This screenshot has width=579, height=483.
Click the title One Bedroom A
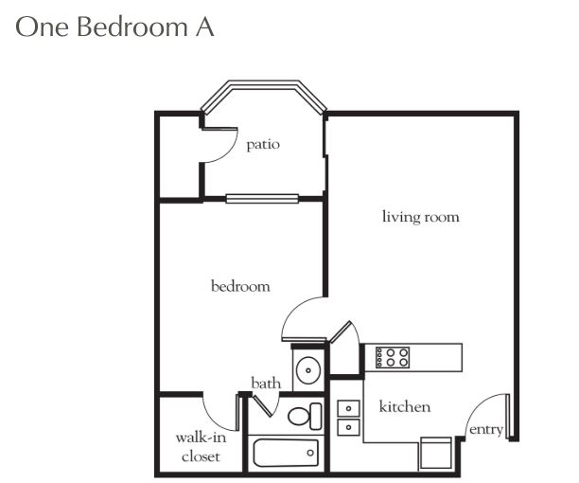tap(114, 27)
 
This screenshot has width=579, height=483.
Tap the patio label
tap(263, 145)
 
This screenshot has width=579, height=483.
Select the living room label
tap(421, 217)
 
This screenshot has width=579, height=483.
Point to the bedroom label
tap(240, 286)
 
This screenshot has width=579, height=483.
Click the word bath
tap(266, 383)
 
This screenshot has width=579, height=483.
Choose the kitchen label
tap(405, 406)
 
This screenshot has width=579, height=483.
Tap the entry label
tap(486, 430)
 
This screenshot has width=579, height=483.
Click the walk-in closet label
tap(201, 447)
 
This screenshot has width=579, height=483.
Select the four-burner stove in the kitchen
tap(393, 357)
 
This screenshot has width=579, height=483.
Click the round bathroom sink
tap(308, 370)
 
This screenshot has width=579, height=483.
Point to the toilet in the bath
tap(305, 416)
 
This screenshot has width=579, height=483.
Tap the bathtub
tap(286, 453)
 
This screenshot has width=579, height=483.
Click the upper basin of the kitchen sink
tap(348, 408)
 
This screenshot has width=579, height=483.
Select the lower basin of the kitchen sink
tap(348, 427)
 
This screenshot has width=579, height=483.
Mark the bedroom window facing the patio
tap(262, 199)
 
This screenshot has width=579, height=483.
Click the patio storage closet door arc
tap(229, 152)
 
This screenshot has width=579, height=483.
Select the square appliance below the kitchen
tap(436, 454)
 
